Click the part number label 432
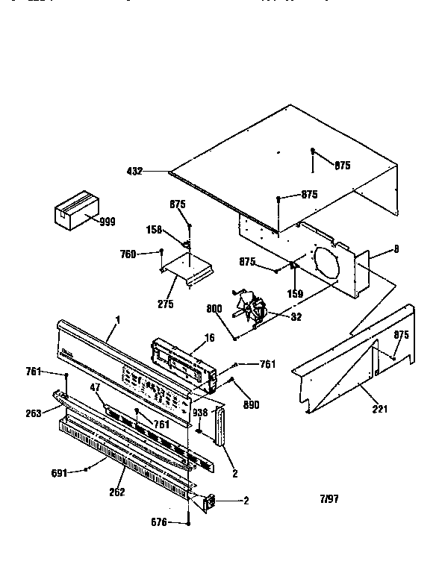[136, 171]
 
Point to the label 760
[128, 254]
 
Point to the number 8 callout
[396, 249]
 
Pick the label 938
[200, 412]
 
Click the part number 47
[95, 387]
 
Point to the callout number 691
[59, 472]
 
